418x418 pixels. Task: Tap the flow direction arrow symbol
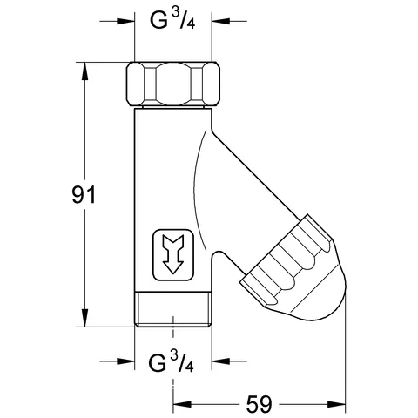click(173, 254)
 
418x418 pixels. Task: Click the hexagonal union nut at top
click(173, 84)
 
